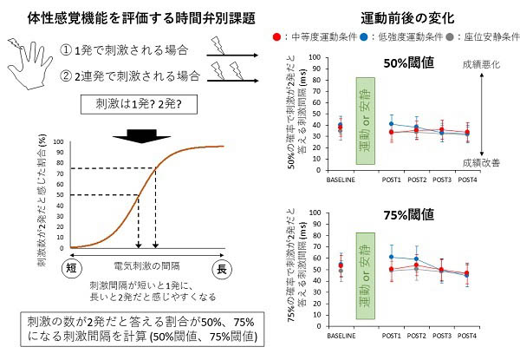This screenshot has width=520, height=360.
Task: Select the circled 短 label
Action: pos(73,270)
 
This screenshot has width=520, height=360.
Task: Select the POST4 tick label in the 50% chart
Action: pos(466,180)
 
